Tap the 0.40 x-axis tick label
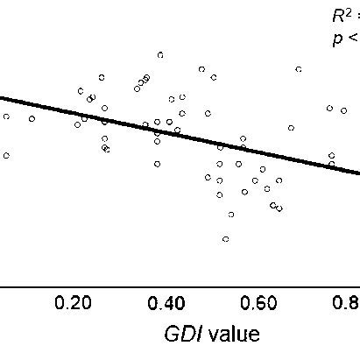pos(166,304)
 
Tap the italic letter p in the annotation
pos(336,39)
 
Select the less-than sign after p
pos(351,39)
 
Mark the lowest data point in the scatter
pos(225,238)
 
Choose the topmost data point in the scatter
pos(160,54)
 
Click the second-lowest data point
pos(231,214)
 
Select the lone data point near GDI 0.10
pos(32,118)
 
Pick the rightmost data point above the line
pos(344,110)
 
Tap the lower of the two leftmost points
pos(6,155)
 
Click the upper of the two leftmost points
pos(6,116)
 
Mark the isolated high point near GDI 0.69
pos(299,68)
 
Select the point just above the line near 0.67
pos(291,128)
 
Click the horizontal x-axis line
pos(175,285)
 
